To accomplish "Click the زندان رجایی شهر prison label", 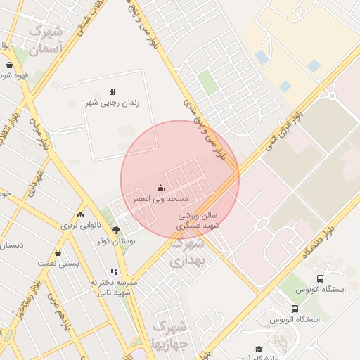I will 112,103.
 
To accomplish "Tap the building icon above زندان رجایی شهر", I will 112,91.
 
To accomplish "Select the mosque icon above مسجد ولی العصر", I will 160,188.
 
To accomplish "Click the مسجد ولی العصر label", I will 161,200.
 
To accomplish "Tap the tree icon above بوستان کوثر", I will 116,230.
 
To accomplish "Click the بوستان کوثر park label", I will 115,241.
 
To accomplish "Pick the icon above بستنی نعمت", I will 58,252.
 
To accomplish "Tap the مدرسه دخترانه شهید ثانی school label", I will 114,286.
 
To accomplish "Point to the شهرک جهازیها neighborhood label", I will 170,335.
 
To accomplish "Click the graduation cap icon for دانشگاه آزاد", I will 259,349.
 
